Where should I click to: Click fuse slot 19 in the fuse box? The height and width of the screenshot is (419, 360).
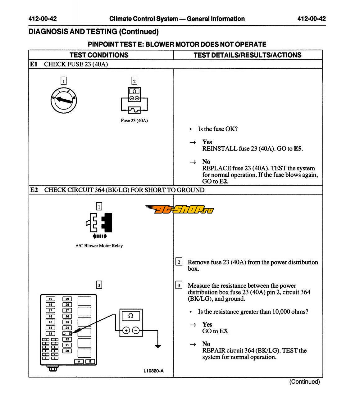50,299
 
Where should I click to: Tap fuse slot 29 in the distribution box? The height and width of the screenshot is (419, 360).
67,299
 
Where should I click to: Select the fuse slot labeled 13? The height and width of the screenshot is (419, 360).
50,334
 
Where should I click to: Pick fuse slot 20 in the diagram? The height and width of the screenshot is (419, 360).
67,351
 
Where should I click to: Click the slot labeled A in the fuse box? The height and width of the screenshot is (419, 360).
79,362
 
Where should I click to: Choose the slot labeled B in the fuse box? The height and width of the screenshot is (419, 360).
90,362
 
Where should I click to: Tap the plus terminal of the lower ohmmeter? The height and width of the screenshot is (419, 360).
126,330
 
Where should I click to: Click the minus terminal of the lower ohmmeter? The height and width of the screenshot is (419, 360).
136,330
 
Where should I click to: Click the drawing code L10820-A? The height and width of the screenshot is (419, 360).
153,371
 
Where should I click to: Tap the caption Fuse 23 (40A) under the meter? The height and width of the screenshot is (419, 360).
134,120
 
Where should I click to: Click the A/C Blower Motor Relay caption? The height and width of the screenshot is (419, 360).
99,246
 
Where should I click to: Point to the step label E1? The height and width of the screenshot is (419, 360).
34,64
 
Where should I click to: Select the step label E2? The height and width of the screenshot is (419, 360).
34,190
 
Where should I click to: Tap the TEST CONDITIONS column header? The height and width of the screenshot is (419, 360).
99,55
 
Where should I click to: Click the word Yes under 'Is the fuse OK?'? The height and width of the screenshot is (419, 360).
207,142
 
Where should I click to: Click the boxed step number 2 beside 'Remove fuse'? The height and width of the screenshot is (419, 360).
179,262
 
